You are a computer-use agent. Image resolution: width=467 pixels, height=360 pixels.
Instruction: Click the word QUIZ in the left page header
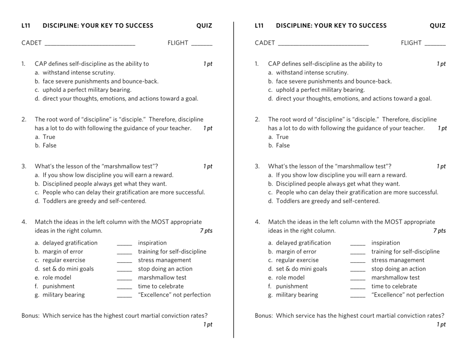pyautogui.click(x=204, y=26)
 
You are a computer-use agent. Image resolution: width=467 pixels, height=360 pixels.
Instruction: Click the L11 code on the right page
pyautogui.click(x=260, y=26)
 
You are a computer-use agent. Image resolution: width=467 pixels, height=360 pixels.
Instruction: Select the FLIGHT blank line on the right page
pyautogui.click(x=435, y=44)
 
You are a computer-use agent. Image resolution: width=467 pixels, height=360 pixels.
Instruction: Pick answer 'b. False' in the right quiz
pyautogui.click(x=279, y=146)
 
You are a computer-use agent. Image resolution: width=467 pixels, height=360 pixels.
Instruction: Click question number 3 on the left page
pyautogui.click(x=24, y=166)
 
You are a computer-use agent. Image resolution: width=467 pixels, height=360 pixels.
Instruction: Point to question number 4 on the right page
pyautogui.click(x=257, y=222)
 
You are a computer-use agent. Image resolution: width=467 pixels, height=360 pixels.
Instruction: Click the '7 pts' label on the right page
pyautogui.click(x=439, y=231)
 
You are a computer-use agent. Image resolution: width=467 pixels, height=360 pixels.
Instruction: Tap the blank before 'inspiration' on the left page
pyautogui.click(x=124, y=244)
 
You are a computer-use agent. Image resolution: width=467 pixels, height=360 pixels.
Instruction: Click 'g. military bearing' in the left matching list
pyautogui.click(x=59, y=295)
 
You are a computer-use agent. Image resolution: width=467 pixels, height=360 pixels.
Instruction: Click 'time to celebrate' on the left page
pyautogui.click(x=161, y=286)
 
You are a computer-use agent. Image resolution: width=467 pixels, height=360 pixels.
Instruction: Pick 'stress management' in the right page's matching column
pyautogui.click(x=398, y=260)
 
